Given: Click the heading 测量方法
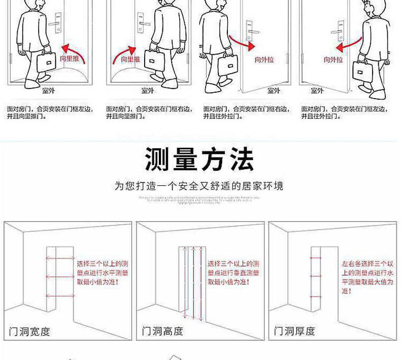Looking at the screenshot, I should point(199,159).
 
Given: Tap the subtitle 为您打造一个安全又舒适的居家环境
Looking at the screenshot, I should point(199,186).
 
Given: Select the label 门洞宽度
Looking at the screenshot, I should point(30,332).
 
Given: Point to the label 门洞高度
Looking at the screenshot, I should point(162,332).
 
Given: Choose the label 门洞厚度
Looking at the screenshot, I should point(295,332).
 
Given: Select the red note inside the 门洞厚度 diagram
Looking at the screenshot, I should point(367,277).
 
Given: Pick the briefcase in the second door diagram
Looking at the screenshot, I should point(154,60).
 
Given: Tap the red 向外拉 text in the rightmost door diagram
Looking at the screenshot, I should point(333,59).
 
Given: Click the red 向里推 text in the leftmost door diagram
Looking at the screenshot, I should point(70,59).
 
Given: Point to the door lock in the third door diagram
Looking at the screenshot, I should point(250,29).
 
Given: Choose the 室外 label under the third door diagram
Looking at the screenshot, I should point(274,90).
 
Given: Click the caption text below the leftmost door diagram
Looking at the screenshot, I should point(49,112).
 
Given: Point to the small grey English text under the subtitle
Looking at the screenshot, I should point(199,200).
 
